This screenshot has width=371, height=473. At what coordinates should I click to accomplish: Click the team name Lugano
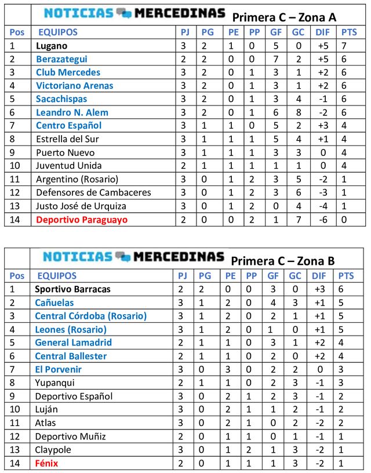52,46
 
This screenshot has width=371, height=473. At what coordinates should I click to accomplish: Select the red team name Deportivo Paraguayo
81,220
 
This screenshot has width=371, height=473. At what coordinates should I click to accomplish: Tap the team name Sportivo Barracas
72,289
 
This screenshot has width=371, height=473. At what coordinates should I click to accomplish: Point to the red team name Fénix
46,463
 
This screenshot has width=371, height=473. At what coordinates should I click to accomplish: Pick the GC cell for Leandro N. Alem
297,112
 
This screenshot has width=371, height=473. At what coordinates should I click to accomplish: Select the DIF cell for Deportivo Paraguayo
322,220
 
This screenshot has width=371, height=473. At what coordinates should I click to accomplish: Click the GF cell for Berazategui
276,59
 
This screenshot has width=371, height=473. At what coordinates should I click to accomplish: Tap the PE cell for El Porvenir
230,369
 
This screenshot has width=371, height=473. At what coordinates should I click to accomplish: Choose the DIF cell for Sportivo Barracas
322,289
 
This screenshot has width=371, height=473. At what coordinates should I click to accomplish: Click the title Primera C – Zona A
284,17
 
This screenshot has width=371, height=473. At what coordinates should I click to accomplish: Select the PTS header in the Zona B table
347,276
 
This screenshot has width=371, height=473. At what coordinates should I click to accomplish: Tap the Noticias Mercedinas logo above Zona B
134,257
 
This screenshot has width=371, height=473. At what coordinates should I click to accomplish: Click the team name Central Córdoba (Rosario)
90,316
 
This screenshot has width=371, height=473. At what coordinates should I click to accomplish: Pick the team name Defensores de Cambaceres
93,192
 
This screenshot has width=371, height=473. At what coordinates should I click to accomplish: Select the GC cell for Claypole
297,450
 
